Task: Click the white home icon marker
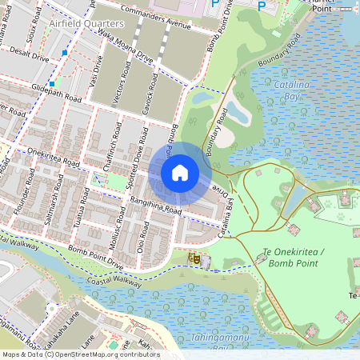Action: coord(180,173)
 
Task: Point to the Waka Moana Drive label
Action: coord(125,52)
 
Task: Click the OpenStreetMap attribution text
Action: coord(81,354)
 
